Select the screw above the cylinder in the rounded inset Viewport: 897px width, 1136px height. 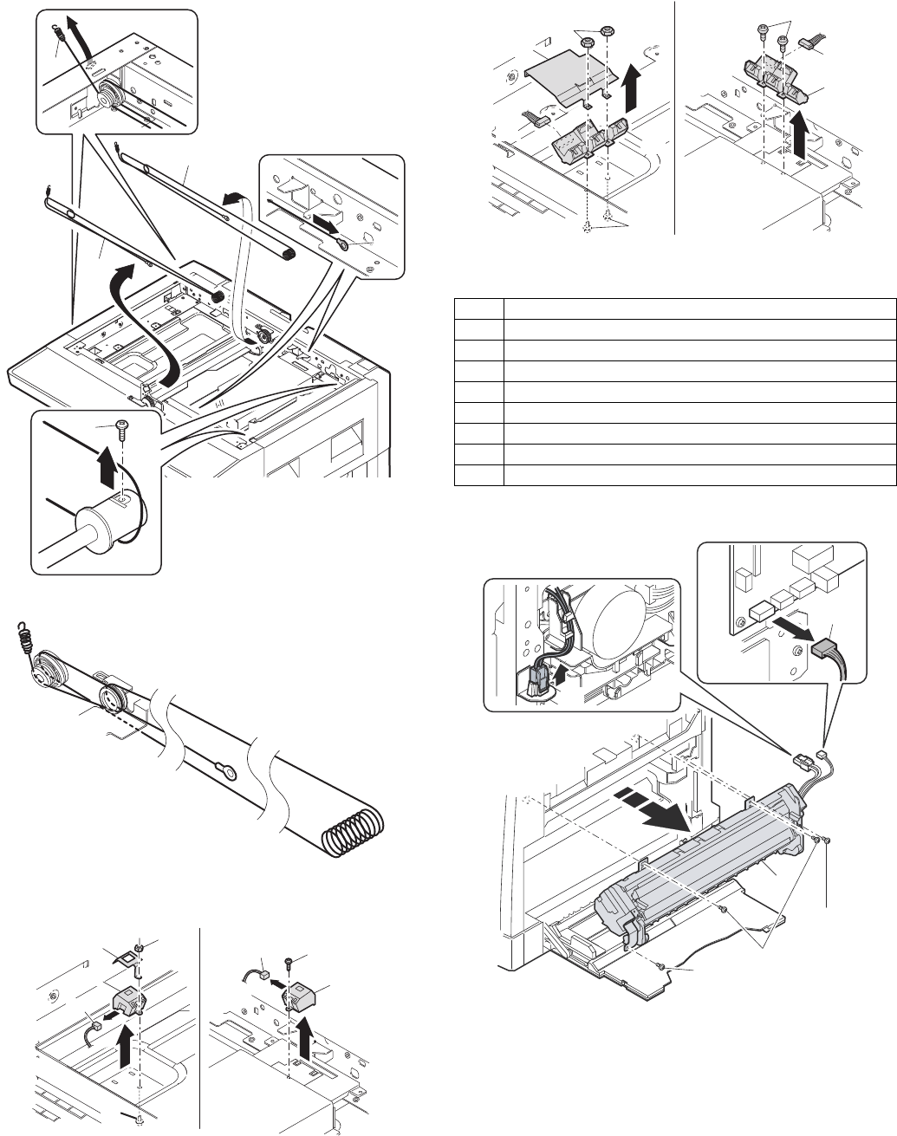click(x=120, y=427)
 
